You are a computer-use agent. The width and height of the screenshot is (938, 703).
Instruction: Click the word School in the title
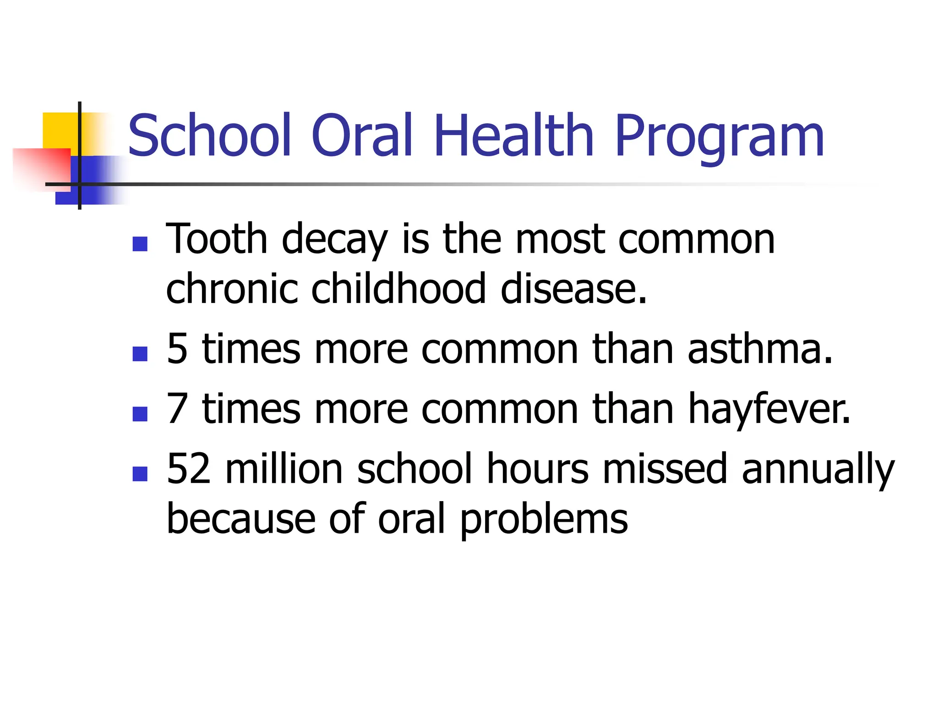[x=210, y=136]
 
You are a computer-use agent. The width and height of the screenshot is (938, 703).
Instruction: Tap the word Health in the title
[x=513, y=136]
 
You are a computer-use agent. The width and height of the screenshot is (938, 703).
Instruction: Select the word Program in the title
[x=719, y=137]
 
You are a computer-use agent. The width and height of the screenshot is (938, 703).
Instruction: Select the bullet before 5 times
[x=140, y=353]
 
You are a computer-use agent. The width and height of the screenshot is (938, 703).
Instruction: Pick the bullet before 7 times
[x=140, y=413]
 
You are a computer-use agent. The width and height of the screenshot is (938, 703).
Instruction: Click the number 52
[x=188, y=469]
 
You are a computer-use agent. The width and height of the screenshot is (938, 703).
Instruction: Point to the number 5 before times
[x=177, y=349]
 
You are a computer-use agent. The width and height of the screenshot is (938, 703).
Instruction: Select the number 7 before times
[x=177, y=409]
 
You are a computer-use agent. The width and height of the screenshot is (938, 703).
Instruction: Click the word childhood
[x=398, y=289]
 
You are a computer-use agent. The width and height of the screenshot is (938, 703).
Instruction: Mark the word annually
[x=818, y=470]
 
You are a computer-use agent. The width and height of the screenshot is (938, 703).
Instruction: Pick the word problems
[x=544, y=520]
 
